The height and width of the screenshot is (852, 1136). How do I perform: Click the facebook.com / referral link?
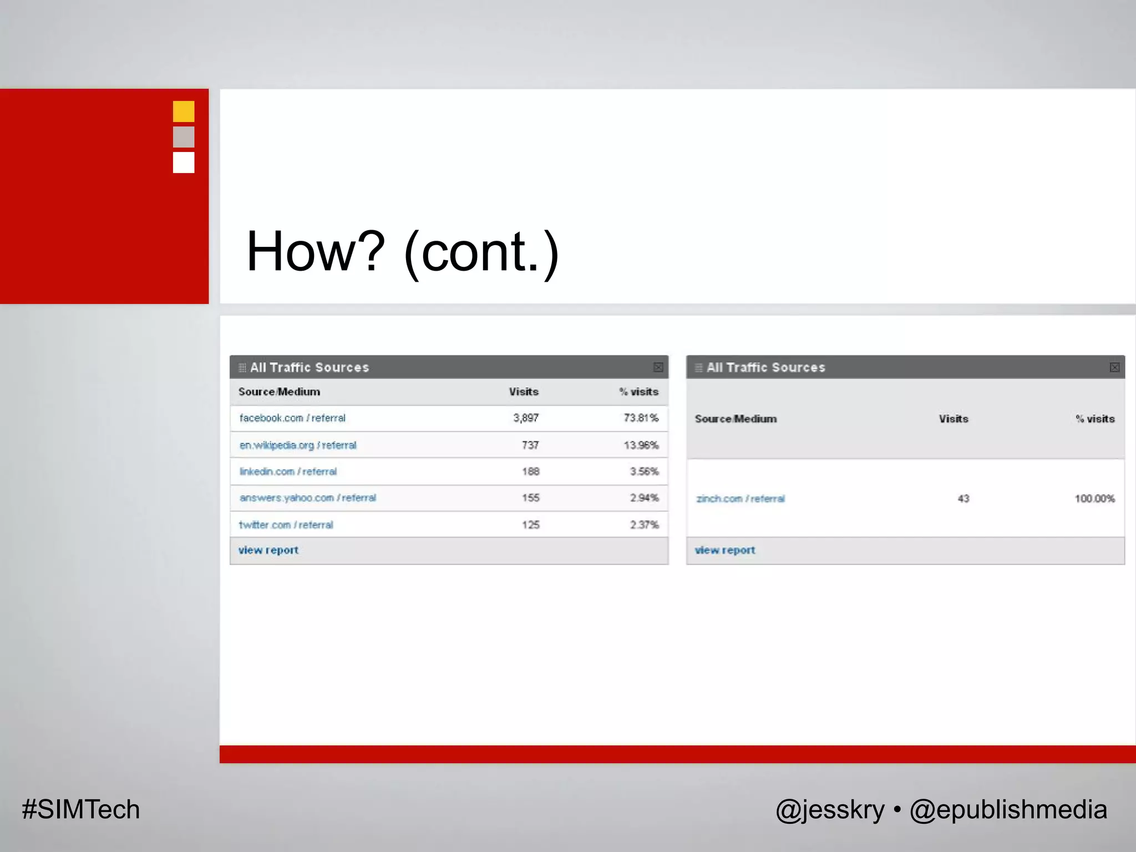pos(292,418)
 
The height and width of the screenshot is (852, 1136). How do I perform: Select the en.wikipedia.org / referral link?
pos(298,445)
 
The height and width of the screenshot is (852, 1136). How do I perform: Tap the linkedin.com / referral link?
pos(288,471)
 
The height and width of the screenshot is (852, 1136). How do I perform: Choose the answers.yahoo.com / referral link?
pos(308,498)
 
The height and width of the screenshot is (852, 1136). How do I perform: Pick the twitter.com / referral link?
pos(286,525)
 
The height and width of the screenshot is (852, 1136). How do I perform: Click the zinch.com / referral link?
pos(741,499)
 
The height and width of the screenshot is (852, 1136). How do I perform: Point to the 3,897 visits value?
pos(526,418)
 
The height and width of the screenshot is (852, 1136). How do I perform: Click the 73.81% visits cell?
pos(641,418)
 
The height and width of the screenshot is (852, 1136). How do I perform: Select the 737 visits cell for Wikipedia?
pos(530,445)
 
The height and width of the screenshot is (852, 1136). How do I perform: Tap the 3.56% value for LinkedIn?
pos(644,471)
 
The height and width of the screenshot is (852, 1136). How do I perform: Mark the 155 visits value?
pos(530,498)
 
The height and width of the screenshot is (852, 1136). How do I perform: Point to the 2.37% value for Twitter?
pos(644,525)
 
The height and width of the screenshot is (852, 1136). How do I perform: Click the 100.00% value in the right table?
pos(1094,499)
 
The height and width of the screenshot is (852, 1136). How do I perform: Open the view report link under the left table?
pos(268,550)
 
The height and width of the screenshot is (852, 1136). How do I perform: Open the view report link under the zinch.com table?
pos(725,550)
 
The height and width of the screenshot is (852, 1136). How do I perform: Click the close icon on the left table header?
pos(658,367)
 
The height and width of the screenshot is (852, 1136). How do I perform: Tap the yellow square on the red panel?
pos(184,111)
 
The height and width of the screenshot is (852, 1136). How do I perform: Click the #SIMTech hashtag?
pos(81,810)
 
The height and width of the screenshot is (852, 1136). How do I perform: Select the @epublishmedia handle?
pos(1008,810)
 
